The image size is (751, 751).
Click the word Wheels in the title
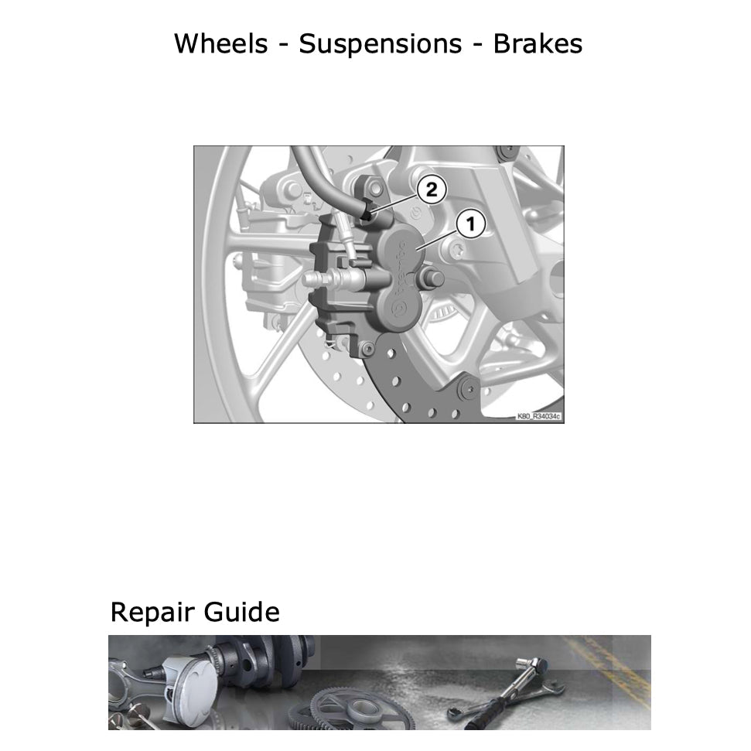pos(220,43)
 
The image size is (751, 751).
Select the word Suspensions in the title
pos(381,45)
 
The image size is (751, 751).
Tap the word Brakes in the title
pos(538,43)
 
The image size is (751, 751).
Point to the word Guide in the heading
pos(242,612)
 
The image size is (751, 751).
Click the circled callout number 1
pos(470,224)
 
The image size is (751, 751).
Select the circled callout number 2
pos(432,189)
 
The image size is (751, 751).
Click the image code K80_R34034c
pos(538,416)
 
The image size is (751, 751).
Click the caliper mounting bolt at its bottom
pos(368,349)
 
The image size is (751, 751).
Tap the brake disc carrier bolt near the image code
pos(467,389)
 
